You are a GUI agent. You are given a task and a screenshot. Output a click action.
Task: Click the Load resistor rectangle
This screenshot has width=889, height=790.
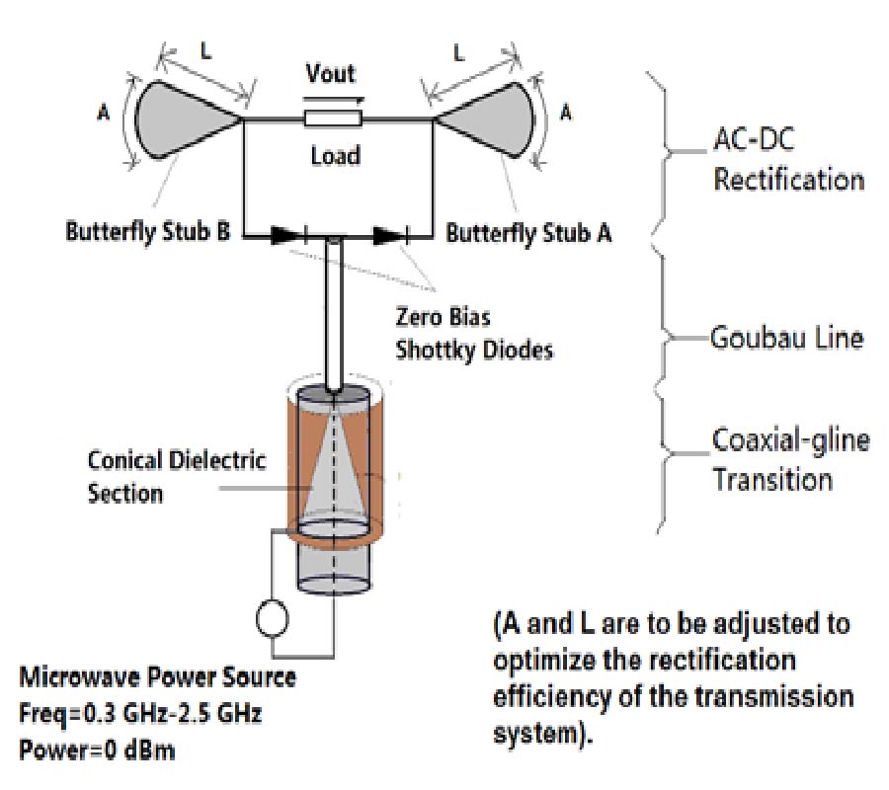(x=333, y=119)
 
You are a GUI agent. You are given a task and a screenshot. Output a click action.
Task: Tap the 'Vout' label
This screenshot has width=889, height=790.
(x=331, y=74)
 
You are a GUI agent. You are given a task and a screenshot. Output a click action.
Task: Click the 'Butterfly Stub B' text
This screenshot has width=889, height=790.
(x=144, y=235)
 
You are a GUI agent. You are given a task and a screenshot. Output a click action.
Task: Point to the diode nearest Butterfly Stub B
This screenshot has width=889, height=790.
(x=286, y=236)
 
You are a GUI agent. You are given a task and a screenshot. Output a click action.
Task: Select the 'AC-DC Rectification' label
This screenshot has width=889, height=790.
(x=787, y=163)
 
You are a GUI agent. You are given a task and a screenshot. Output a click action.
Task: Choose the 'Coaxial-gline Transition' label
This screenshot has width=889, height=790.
(x=790, y=459)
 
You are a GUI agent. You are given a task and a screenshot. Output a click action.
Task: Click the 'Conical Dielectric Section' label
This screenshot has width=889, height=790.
(x=177, y=476)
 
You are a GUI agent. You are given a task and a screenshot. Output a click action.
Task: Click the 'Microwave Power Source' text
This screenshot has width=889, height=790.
(x=157, y=678)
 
